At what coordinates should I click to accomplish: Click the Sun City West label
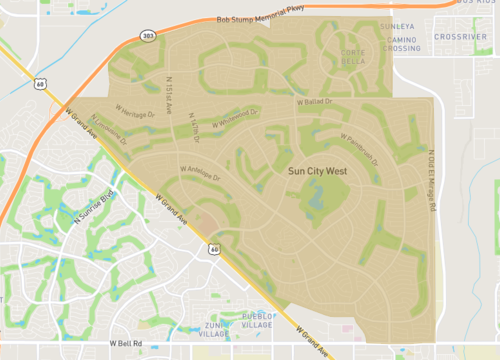pyautogui.click(x=317, y=171)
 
